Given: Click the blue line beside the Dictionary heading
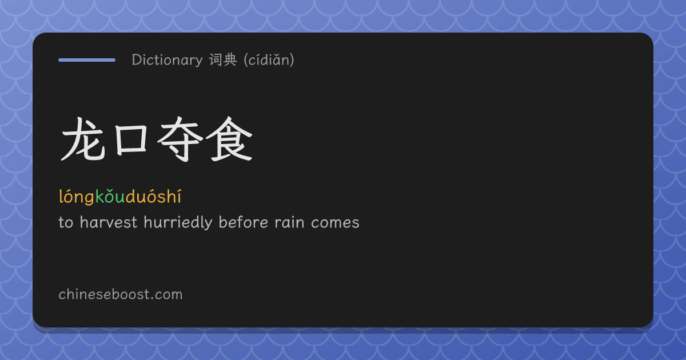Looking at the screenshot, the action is (87, 60).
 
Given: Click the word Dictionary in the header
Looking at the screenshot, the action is (167, 60).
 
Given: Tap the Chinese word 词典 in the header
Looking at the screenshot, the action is (223, 59).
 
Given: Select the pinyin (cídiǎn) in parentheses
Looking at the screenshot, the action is (269, 59).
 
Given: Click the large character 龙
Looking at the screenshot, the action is (83, 139).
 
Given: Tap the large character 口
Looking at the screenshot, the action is (131, 140).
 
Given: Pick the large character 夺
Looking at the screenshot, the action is (180, 139).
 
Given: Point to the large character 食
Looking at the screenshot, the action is (229, 139).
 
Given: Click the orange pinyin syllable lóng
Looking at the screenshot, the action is (77, 197).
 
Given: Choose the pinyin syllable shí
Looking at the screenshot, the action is (169, 197).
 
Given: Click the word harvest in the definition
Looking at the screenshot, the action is (109, 222).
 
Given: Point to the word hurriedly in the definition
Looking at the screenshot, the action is (178, 223).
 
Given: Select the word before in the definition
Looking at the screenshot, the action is (244, 222).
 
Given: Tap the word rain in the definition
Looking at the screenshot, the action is (289, 222).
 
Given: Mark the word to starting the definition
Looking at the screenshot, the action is (66, 223).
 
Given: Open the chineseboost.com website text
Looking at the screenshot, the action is (121, 294).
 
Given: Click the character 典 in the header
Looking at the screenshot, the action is (230, 59).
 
